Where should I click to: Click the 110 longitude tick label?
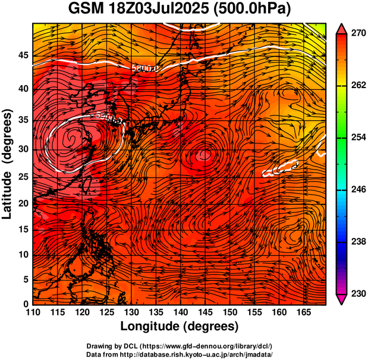(x=33, y=312)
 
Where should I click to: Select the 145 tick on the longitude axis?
(x=205, y=312)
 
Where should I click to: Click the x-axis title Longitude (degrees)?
(x=180, y=326)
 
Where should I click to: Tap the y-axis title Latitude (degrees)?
(x=8, y=164)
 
